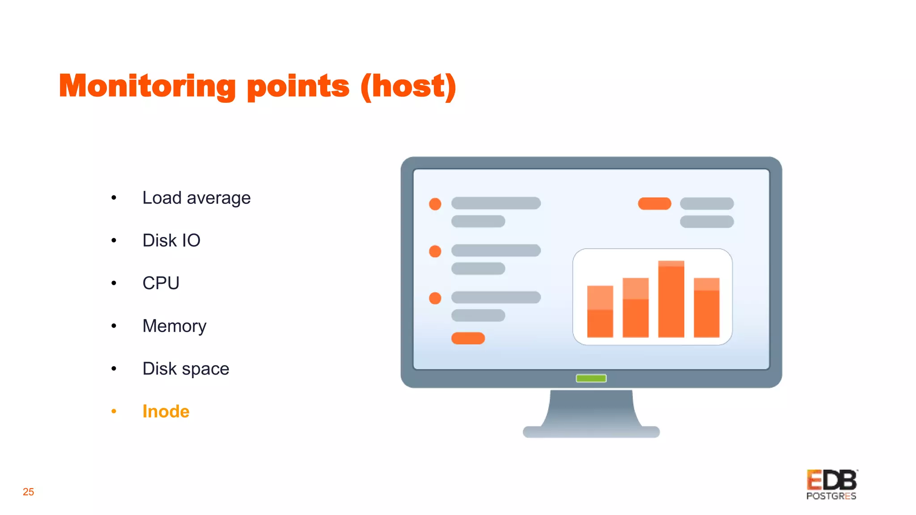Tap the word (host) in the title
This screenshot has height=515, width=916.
(408, 86)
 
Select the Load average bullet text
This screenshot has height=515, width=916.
(196, 198)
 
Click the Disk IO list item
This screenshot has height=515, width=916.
(171, 241)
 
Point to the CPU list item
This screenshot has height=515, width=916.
(161, 283)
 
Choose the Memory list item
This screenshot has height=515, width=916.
(174, 326)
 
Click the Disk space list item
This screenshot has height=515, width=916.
(185, 369)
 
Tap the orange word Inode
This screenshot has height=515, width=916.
(165, 411)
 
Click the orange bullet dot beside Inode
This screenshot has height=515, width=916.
(114, 411)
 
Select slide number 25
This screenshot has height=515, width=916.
(28, 492)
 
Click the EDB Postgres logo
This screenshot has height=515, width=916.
(831, 485)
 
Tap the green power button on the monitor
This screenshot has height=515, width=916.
(591, 379)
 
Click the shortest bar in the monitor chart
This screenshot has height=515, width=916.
(600, 311)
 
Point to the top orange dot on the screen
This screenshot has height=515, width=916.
(435, 204)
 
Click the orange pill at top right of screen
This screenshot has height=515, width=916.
(654, 203)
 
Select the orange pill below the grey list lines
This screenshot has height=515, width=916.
(468, 338)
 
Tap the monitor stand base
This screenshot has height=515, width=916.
(591, 431)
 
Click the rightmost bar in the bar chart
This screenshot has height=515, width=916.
(706, 308)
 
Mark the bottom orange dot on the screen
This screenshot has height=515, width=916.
(435, 298)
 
